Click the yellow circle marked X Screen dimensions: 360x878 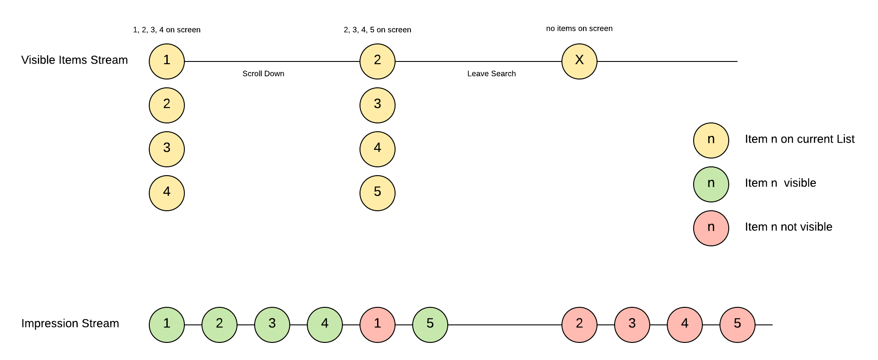[579, 61]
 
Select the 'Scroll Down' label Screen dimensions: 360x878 [263, 74]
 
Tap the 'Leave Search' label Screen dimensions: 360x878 [491, 74]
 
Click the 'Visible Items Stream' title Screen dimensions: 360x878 [75, 60]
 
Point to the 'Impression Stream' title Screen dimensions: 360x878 [70, 324]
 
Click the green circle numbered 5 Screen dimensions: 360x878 [430, 325]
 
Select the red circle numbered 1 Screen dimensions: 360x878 [377, 325]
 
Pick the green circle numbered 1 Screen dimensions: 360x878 [166, 325]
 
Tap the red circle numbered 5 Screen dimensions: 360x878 [737, 325]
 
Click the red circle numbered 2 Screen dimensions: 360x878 [579, 325]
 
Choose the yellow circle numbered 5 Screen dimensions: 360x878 [377, 193]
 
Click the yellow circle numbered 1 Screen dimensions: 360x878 [166, 61]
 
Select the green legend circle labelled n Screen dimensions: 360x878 [711, 184]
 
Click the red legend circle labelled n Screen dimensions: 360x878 [711, 228]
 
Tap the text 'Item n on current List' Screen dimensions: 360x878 [799, 139]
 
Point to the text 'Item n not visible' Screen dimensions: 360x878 [788, 227]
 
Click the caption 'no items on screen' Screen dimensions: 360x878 [579, 29]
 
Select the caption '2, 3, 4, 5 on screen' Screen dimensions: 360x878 [377, 30]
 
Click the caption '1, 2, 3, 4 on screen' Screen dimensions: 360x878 [166, 30]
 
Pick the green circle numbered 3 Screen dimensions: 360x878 [272, 325]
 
